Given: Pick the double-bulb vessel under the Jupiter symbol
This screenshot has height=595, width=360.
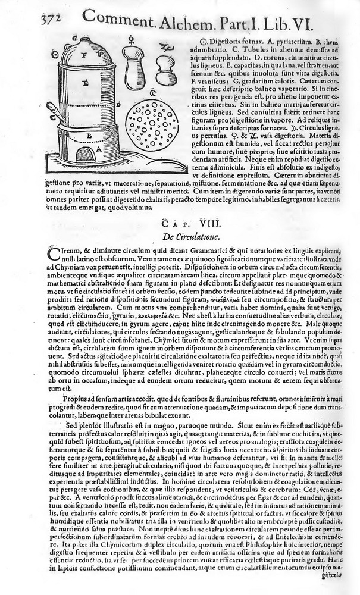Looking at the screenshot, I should (x=165, y=71).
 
